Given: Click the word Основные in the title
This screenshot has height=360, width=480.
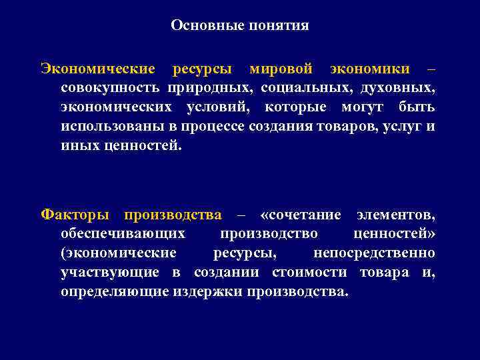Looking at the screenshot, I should (201, 26).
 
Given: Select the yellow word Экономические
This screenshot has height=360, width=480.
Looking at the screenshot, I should (98, 69).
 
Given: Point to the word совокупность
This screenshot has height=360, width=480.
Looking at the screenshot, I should (110, 88).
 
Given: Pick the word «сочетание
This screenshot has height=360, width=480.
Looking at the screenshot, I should (302, 215).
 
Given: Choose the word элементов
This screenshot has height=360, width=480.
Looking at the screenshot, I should (397, 215).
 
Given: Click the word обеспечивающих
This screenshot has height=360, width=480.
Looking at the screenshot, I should (123, 234).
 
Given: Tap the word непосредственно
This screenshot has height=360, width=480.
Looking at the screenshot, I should (374, 253).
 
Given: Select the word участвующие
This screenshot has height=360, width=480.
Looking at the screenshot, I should (110, 273).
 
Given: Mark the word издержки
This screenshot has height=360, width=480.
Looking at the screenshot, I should (207, 292).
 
